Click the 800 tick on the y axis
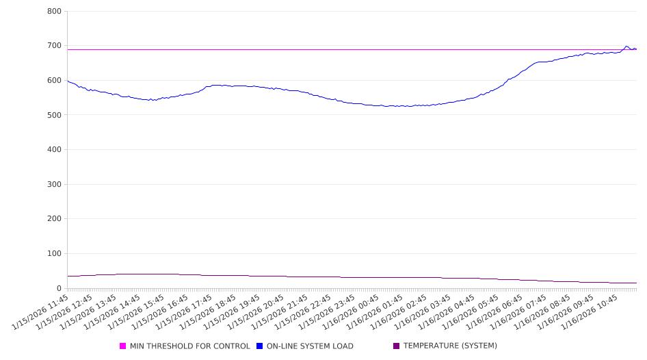pyautogui.click(x=54, y=12)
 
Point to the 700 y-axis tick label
pyautogui.click(x=54, y=46)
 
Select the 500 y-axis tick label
pyautogui.click(x=54, y=115)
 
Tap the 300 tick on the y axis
pyautogui.click(x=54, y=184)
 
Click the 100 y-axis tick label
pyautogui.click(x=54, y=254)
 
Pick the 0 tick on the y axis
pyautogui.click(x=59, y=288)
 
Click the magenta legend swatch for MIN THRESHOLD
pyautogui.click(x=123, y=346)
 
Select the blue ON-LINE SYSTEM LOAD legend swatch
pyautogui.click(x=260, y=346)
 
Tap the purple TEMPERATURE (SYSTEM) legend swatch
pyautogui.click(x=397, y=346)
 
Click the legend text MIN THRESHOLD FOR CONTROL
pyautogui.click(x=189, y=346)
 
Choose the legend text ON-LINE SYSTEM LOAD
pyautogui.click(x=310, y=346)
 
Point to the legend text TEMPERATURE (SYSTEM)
pyautogui.click(x=450, y=346)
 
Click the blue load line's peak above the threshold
pyautogui.click(x=626, y=47)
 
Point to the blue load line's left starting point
pyautogui.click(x=68, y=81)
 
